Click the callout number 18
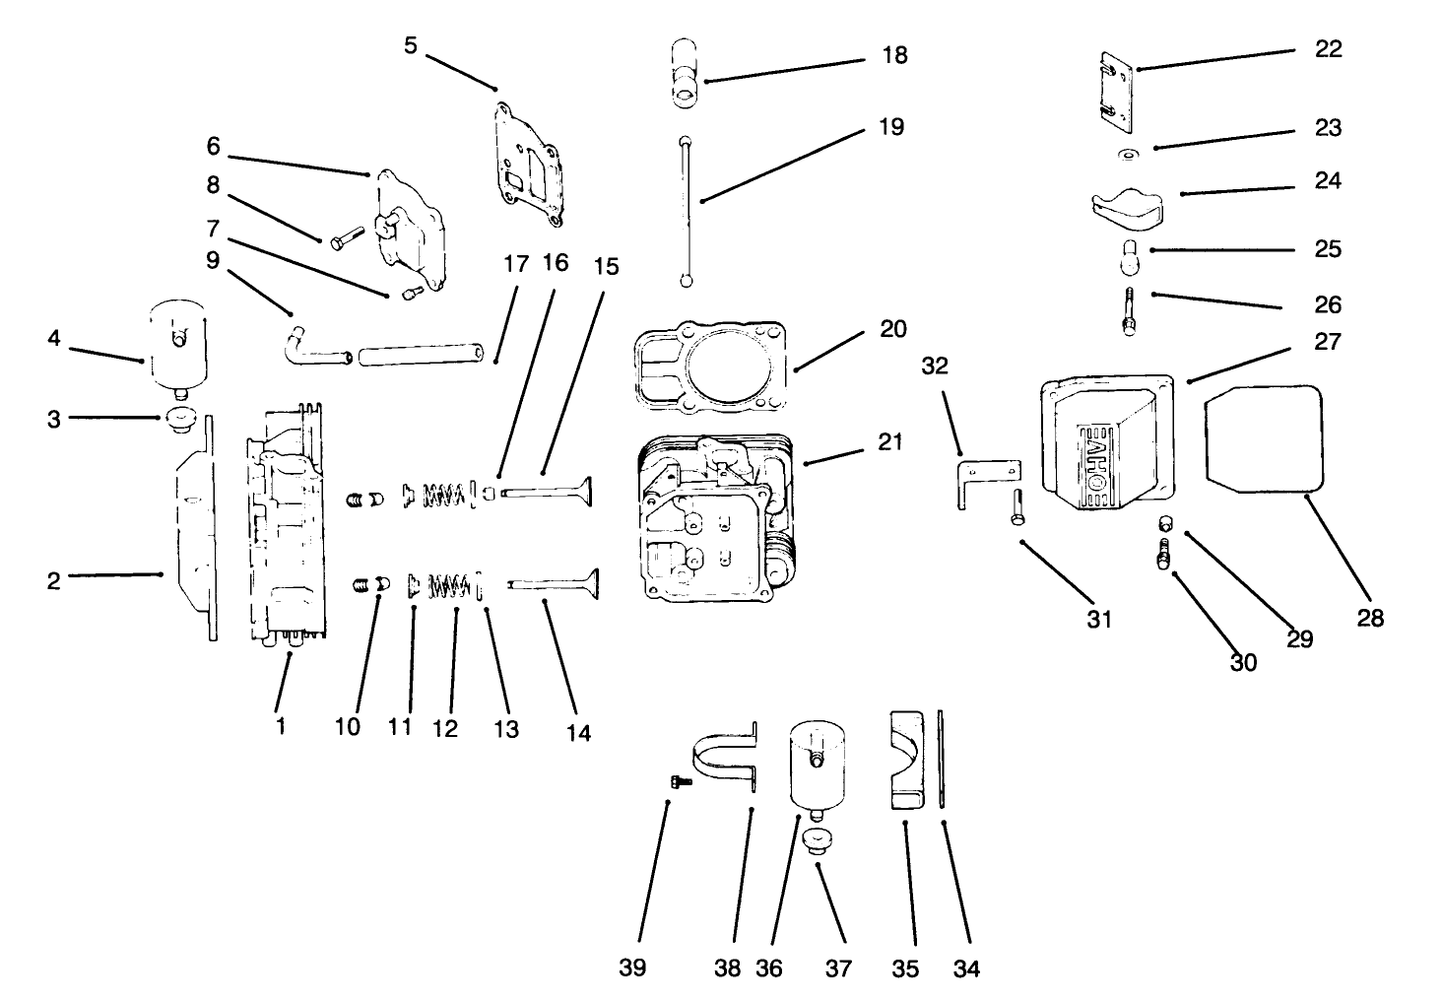(894, 55)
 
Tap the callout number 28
(1370, 618)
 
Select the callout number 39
(632, 968)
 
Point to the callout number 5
(411, 45)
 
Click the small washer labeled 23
(1128, 155)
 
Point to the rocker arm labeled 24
(1128, 205)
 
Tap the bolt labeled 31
(1016, 506)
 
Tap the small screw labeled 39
(679, 780)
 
